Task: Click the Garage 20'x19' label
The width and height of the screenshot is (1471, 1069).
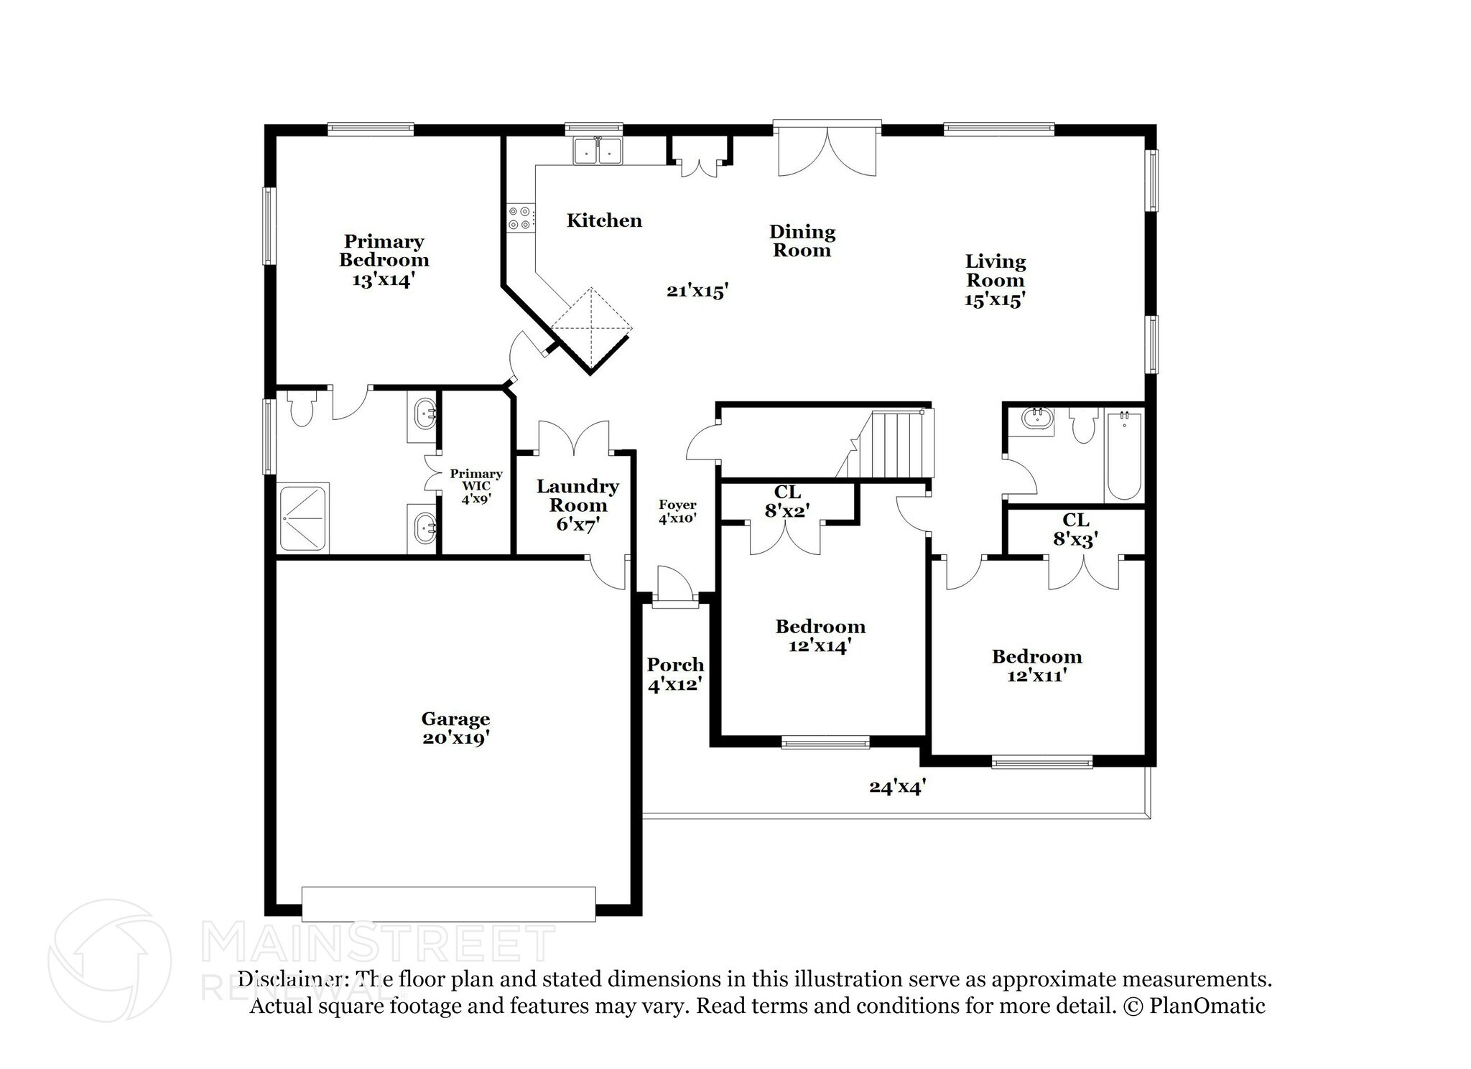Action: pyautogui.click(x=455, y=728)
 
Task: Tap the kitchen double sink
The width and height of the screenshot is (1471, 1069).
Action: pyautogui.click(x=598, y=152)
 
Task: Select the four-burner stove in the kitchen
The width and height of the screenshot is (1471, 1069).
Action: pyautogui.click(x=520, y=218)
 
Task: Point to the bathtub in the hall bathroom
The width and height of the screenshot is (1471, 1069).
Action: pyautogui.click(x=1123, y=456)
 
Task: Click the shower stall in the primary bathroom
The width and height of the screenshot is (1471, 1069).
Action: pyautogui.click(x=303, y=517)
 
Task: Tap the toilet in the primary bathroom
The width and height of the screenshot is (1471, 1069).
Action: pyautogui.click(x=302, y=409)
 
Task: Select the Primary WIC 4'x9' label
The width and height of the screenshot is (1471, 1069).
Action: pyautogui.click(x=475, y=485)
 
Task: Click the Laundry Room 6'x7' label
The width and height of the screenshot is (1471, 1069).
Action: pyautogui.click(x=577, y=505)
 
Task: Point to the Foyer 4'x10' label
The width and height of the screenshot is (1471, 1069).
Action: pyautogui.click(x=677, y=511)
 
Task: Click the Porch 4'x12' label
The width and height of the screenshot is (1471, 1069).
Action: pyautogui.click(x=674, y=674)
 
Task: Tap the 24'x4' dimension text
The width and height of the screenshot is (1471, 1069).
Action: pyautogui.click(x=897, y=788)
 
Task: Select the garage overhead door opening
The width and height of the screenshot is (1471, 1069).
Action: pyautogui.click(x=448, y=904)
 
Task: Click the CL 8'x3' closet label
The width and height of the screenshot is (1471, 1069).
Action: pyautogui.click(x=1075, y=529)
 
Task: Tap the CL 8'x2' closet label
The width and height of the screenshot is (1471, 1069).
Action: pyautogui.click(x=787, y=501)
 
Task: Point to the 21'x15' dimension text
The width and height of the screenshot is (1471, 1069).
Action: pyautogui.click(x=697, y=291)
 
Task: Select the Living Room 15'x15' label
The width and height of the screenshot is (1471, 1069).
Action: pyautogui.click(x=995, y=280)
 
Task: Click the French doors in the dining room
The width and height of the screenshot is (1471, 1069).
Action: pyautogui.click(x=827, y=153)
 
